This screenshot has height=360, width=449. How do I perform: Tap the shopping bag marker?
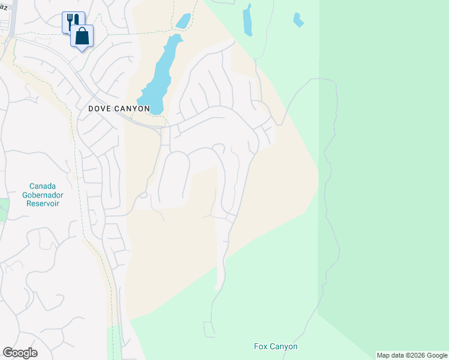(82, 35)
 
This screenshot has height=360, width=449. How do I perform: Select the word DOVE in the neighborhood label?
(99, 109)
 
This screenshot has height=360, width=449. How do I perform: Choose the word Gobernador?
(45, 195)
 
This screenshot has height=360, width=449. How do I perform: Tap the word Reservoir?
(45, 203)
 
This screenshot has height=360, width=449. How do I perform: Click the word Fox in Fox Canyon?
(260, 347)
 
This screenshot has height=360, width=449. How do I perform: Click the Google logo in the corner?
(20, 353)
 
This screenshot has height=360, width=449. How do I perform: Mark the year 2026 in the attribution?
(417, 355)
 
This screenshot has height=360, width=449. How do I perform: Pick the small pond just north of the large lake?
(183, 21)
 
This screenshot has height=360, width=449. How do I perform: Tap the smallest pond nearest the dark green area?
(298, 20)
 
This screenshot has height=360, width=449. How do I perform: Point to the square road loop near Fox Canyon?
(209, 329)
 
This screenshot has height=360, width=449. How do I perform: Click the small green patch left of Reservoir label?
(3, 210)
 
